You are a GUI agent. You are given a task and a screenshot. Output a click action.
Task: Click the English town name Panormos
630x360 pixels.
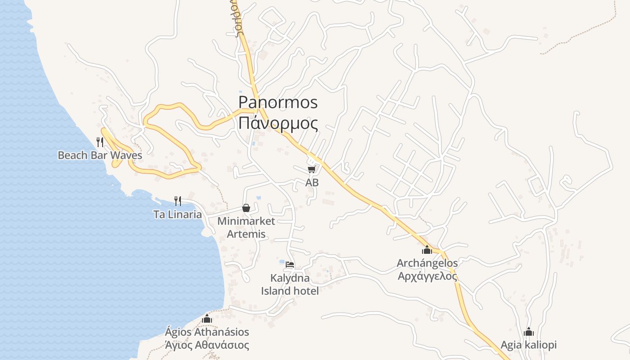tap(278, 103)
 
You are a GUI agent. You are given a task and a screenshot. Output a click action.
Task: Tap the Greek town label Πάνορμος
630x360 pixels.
tap(278, 122)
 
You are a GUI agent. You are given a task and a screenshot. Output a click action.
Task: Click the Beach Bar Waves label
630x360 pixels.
tap(100, 156)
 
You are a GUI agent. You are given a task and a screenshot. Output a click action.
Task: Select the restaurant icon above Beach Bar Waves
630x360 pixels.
tap(100, 142)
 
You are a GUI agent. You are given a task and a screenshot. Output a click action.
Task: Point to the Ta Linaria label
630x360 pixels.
tap(178, 215)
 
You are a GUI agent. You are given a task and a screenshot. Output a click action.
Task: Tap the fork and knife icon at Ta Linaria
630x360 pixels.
tap(178, 201)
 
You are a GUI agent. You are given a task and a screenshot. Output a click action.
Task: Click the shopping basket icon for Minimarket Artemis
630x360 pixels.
tap(246, 208)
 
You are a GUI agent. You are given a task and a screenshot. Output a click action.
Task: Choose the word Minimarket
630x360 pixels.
tap(246, 221)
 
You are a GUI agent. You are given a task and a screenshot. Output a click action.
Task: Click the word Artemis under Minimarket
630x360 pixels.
tap(246, 234)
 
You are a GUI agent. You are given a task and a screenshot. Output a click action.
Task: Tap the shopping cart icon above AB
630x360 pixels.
tap(311, 169)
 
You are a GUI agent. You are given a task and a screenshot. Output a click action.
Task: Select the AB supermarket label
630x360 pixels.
tap(312, 183)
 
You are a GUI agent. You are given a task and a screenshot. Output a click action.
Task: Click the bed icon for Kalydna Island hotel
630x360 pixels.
tap(290, 264)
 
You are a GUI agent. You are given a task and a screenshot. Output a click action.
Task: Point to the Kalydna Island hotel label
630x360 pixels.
tap(290, 284)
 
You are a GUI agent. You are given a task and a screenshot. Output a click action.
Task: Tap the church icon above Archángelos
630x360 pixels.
tap(427, 250)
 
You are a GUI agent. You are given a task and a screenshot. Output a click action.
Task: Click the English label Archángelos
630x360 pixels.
tap(427, 263)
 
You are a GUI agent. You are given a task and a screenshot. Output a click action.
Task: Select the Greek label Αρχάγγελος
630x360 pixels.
tap(427, 276)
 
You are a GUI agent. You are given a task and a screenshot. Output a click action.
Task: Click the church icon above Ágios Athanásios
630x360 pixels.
tap(207, 319)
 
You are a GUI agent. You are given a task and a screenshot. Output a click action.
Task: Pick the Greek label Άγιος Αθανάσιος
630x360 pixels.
tap(207, 345)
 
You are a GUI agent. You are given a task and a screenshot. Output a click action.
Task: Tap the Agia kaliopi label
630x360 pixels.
tap(529, 345)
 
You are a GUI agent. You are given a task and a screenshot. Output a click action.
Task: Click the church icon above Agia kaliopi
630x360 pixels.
tap(529, 332)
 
